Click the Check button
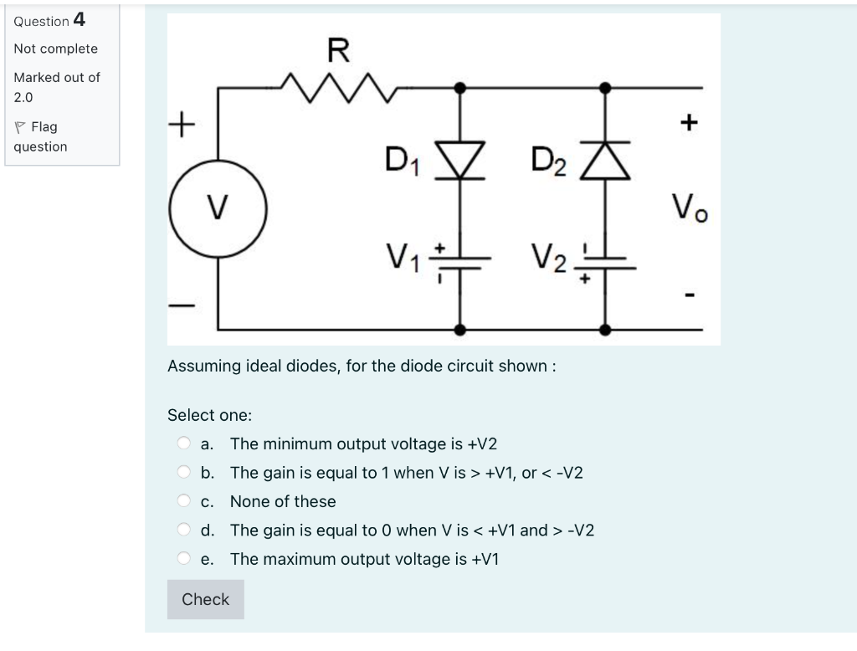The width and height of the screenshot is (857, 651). point(205,599)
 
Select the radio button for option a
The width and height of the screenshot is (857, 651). point(183,443)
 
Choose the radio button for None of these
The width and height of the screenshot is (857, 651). point(183,501)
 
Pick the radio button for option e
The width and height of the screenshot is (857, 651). point(183,559)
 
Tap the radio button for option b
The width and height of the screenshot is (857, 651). point(183,473)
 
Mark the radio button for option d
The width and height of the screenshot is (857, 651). point(183,531)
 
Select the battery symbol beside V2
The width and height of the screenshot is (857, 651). point(605,261)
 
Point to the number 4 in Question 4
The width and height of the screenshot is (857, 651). point(79,19)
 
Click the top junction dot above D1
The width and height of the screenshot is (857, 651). point(459,86)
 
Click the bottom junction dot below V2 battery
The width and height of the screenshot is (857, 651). point(605,330)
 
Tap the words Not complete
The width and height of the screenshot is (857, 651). point(55,49)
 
